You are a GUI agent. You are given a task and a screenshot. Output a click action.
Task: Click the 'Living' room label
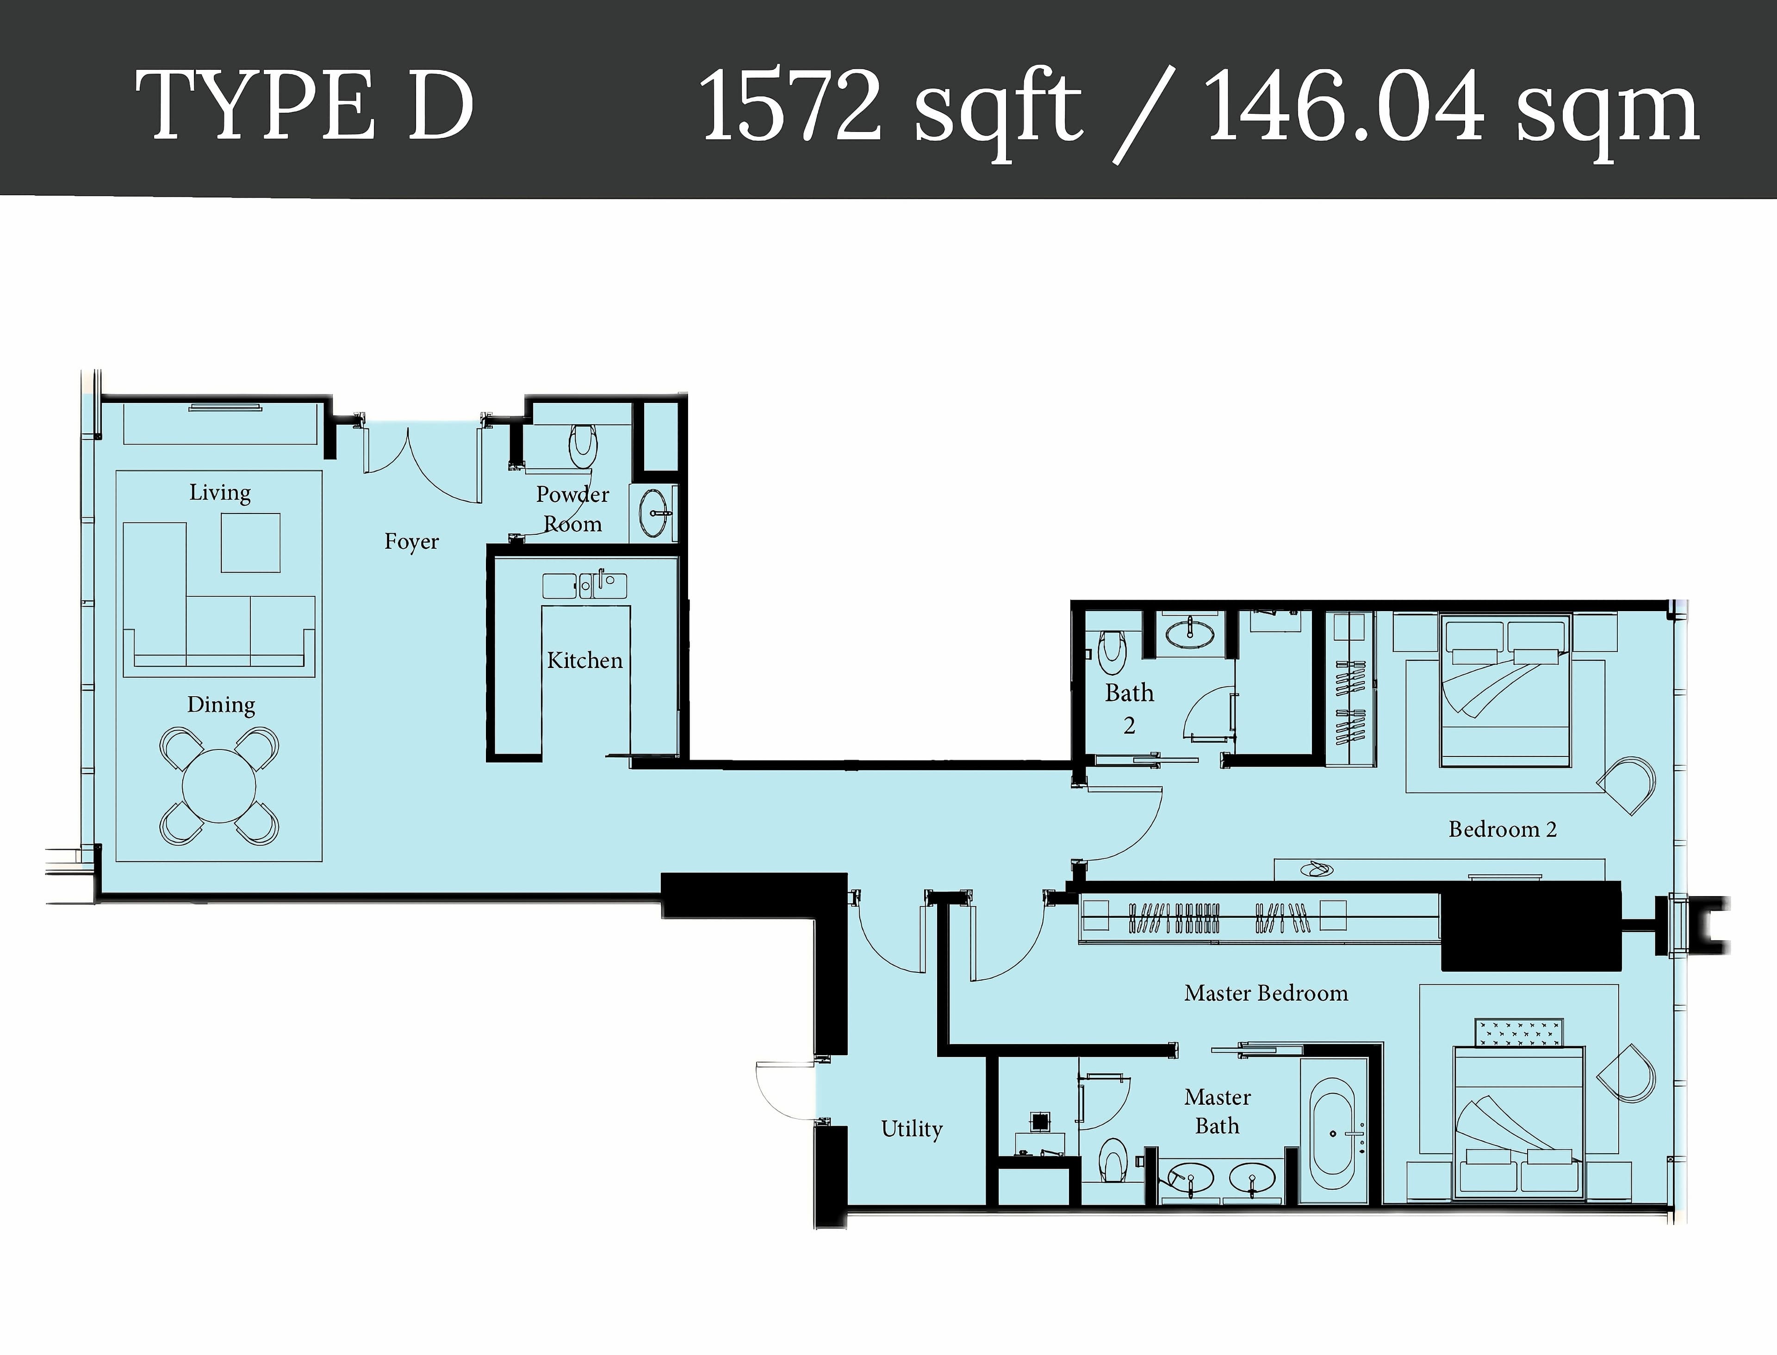pos(219,492)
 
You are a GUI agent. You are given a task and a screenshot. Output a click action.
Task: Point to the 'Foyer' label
pos(411,541)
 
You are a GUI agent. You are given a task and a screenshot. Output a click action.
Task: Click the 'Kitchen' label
pos(585,661)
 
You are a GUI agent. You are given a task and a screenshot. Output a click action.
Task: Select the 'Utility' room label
pos(912,1128)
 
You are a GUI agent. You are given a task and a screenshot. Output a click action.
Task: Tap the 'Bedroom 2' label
pos(1502,829)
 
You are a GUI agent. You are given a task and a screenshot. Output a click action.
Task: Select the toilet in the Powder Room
pos(583,446)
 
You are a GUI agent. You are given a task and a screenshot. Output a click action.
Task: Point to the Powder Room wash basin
pos(656,511)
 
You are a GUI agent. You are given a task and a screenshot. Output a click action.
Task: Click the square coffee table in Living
pos(251,543)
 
